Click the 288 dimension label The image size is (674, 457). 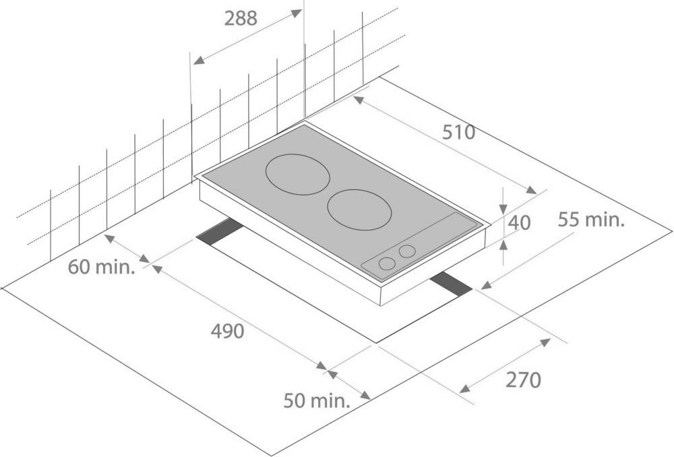pyautogui.click(x=241, y=18)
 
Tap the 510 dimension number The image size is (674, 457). pyautogui.click(x=459, y=132)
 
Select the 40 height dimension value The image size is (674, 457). pyautogui.click(x=519, y=222)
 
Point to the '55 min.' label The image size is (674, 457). pyautogui.click(x=591, y=220)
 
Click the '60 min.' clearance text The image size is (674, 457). pyautogui.click(x=102, y=267)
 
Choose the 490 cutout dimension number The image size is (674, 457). pyautogui.click(x=227, y=331)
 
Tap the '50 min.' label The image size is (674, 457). pyautogui.click(x=317, y=400)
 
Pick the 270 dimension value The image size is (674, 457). pyautogui.click(x=523, y=380)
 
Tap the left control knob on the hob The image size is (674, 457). pyautogui.click(x=388, y=264)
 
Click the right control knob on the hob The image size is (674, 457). pyautogui.click(x=407, y=251)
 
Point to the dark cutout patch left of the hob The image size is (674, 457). pyautogui.click(x=220, y=232)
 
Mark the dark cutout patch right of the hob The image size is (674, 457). pyautogui.click(x=451, y=284)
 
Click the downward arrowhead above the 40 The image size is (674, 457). pyautogui.click(x=503, y=210)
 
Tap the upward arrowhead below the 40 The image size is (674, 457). pyautogui.click(x=503, y=245)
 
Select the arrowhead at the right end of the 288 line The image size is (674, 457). pyautogui.click(x=296, y=13)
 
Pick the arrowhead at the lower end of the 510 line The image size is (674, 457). pyautogui.click(x=531, y=189)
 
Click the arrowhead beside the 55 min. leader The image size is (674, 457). pyautogui.click(x=486, y=285)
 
